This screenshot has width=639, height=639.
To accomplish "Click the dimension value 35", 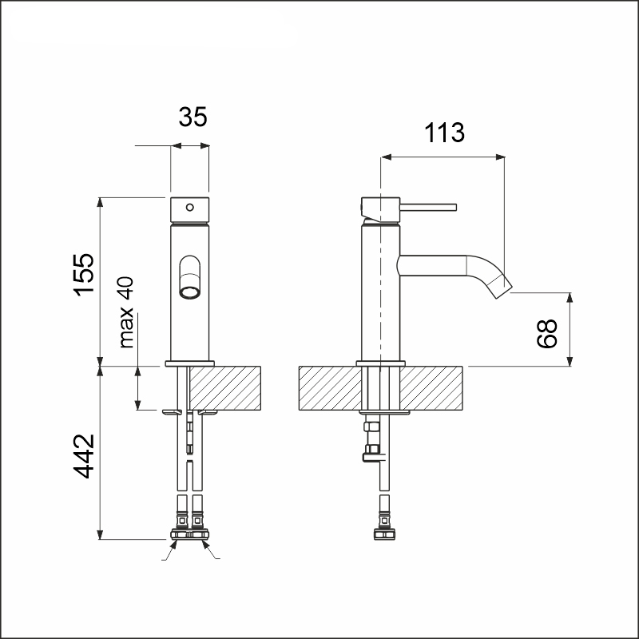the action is click(x=192, y=117).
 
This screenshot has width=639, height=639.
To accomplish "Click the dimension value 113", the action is click(x=444, y=133).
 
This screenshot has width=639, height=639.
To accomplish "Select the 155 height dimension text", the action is click(x=84, y=274).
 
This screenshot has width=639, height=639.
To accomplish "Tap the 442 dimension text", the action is click(x=84, y=456).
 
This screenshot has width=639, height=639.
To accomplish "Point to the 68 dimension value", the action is click(x=546, y=333).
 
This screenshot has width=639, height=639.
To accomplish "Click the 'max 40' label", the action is click(x=126, y=312).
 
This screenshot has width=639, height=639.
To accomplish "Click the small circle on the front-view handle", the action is click(x=190, y=208).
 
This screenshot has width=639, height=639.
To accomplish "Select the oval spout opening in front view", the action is click(x=190, y=277).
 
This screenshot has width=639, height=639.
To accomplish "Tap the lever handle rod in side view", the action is click(x=428, y=208).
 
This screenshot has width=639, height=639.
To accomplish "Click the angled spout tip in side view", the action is click(x=500, y=286).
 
